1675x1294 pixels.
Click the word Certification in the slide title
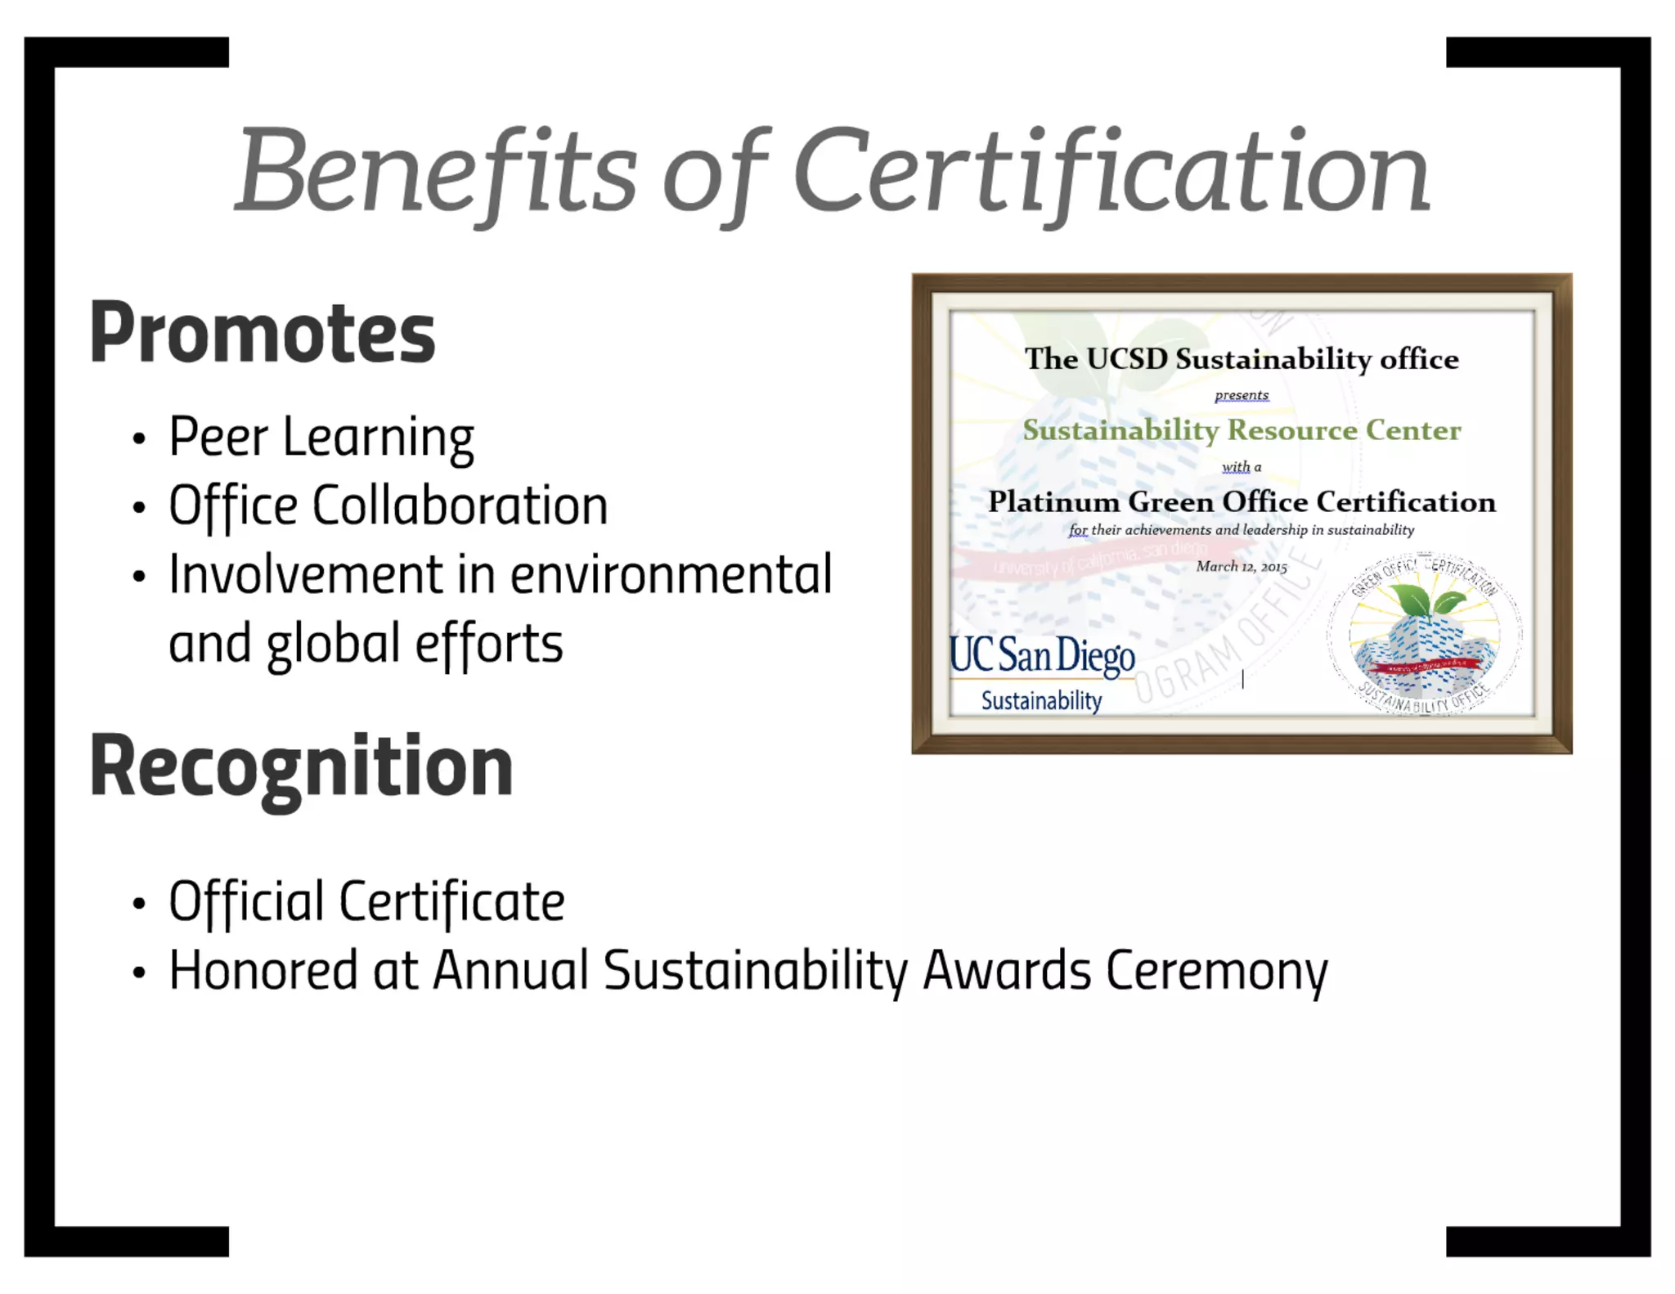point(1111,172)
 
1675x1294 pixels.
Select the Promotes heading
point(262,333)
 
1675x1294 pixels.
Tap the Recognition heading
point(301,766)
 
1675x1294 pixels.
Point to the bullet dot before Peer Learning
point(139,439)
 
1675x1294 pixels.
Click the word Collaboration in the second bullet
point(460,505)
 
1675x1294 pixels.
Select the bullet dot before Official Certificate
point(139,904)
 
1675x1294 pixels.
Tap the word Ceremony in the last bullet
point(1216,971)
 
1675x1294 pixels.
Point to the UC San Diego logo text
point(1042,657)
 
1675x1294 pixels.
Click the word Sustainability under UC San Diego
point(1041,701)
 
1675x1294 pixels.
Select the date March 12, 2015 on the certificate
point(1242,567)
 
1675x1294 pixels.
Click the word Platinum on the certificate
point(1053,501)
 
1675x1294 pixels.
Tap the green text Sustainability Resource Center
point(1242,430)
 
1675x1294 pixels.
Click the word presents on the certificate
point(1242,395)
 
